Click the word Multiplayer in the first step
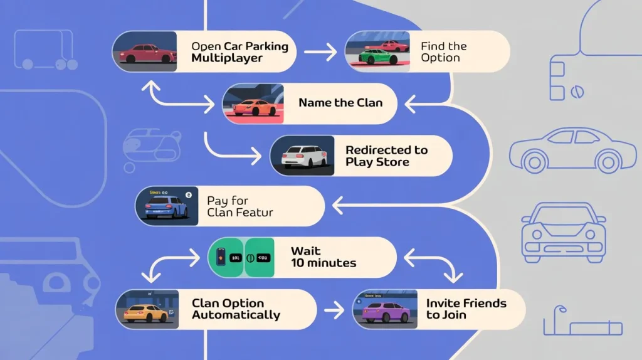coord(226,58)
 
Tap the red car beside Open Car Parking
coord(145,53)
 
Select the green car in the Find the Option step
coord(377,56)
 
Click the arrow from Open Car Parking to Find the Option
coord(320,53)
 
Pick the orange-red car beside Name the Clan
coord(255,107)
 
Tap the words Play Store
coord(377,162)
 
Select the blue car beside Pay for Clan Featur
coord(167,207)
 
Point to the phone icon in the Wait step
coord(221,257)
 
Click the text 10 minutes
coord(324,263)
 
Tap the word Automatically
coord(236,315)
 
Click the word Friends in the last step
coord(483,304)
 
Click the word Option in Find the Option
coord(440,58)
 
